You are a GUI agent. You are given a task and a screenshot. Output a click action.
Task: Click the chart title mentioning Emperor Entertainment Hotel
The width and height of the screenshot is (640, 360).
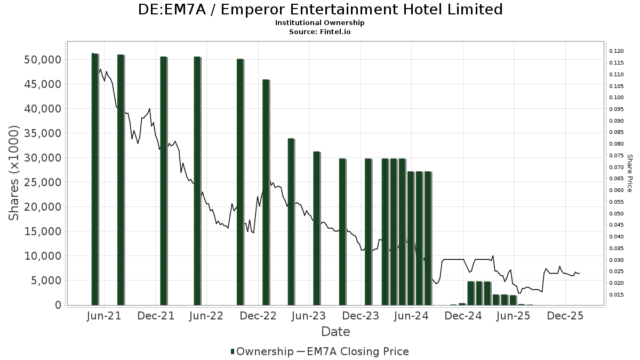pos(320,10)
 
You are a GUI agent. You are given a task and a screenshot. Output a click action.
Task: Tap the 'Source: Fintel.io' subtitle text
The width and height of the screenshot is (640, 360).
pos(320,31)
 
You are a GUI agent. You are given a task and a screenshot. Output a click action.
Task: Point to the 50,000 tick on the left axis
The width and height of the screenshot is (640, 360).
pos(43,59)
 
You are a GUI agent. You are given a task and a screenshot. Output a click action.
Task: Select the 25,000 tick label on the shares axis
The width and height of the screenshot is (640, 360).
pos(43,182)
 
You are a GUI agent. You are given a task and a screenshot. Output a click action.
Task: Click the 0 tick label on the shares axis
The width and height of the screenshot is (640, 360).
pos(58,305)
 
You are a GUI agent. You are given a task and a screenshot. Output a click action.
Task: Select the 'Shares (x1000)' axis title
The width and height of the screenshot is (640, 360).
pos(14,173)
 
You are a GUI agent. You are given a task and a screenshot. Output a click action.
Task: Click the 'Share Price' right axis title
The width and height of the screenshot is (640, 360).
pos(629,173)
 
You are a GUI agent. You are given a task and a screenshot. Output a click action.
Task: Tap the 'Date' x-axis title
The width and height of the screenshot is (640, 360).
pos(335,332)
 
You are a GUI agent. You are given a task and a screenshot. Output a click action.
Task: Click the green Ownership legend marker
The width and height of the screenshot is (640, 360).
pos(233,351)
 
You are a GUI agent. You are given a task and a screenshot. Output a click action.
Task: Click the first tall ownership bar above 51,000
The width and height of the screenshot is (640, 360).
pos(95,179)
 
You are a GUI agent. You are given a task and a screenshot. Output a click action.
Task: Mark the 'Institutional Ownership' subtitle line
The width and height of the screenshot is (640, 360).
pos(320,23)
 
